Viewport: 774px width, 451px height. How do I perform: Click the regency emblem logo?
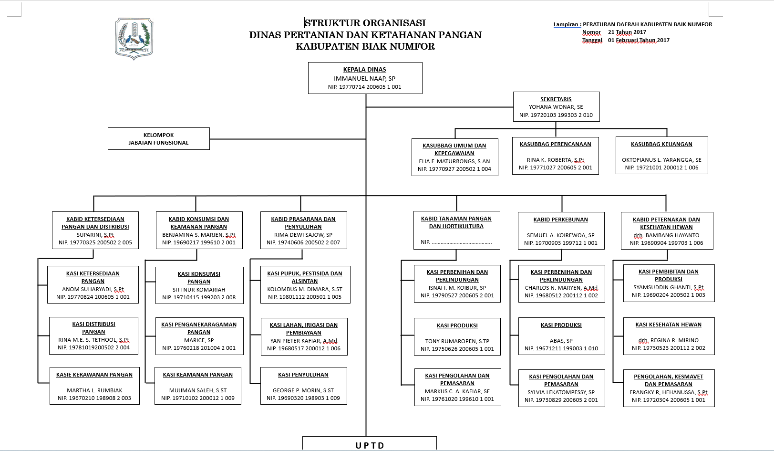(134, 38)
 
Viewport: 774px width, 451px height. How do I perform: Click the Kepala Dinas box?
(365, 78)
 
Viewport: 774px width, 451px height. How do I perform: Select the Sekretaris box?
(556, 107)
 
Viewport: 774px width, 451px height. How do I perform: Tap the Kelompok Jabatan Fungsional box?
(158, 139)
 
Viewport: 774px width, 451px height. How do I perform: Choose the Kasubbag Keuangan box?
(661, 156)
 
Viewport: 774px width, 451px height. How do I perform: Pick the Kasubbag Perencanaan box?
(555, 156)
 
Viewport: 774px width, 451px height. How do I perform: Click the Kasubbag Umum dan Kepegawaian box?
(454, 157)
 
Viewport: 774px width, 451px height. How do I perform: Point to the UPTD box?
(370, 444)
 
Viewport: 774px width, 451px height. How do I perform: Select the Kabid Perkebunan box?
(561, 231)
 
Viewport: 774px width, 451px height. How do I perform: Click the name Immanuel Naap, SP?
(364, 78)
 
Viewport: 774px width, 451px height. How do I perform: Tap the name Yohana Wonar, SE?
(556, 107)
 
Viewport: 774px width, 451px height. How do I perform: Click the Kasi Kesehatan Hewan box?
(669, 336)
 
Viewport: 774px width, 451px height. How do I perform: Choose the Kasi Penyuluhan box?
(303, 386)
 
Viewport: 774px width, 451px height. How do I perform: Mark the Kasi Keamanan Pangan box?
(197, 386)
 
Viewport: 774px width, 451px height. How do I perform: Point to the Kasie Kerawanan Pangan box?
(94, 386)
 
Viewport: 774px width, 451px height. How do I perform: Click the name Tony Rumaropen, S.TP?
(457, 341)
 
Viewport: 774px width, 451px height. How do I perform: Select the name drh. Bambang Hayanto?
(666, 235)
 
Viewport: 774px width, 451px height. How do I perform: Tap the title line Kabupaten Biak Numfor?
(365, 46)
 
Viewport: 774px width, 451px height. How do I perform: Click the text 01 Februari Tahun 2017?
(639, 40)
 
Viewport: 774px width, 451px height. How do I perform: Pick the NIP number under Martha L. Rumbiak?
(94, 398)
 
